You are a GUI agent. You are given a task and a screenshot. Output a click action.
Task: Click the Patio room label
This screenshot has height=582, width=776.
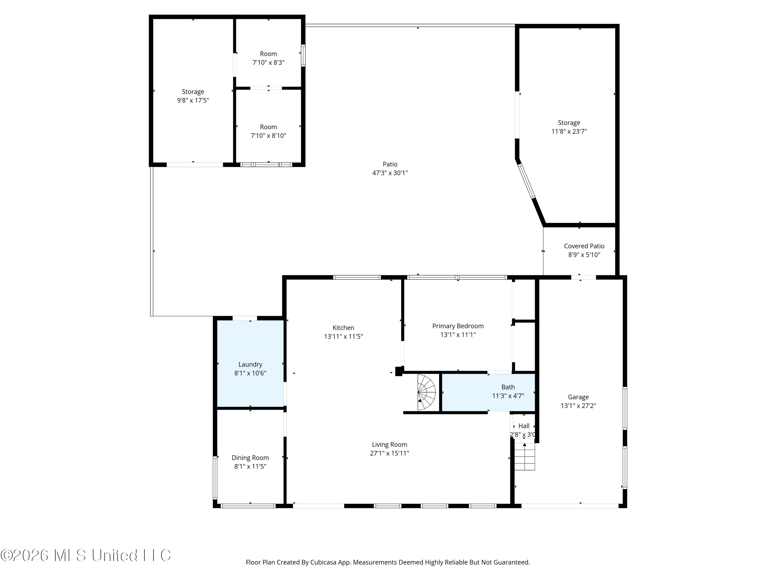[390, 164]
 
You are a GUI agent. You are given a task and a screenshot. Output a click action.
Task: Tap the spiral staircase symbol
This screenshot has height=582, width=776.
[426, 392]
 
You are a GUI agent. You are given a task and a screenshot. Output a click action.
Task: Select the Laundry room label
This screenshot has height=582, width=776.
[250, 364]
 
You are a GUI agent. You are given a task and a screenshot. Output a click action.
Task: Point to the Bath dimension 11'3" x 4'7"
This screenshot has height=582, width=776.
[508, 396]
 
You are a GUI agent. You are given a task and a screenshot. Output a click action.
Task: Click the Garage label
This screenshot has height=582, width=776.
[578, 397]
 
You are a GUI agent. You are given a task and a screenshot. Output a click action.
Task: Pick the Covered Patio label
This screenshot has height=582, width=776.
[584, 246]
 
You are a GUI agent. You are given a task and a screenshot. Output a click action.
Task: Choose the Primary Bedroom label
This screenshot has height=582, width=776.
[458, 326]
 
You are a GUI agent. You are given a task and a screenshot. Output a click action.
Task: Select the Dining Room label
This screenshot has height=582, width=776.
[250, 458]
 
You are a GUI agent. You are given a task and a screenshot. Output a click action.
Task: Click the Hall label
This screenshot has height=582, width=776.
[524, 426]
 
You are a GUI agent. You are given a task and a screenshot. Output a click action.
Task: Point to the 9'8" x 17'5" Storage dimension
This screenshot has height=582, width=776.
[193, 100]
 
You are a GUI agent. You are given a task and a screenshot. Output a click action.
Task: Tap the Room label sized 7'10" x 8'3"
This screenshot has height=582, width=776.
[268, 54]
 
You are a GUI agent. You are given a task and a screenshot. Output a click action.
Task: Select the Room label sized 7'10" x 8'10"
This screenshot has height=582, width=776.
[268, 127]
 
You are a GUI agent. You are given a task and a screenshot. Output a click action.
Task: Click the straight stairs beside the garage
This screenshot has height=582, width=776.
[525, 456]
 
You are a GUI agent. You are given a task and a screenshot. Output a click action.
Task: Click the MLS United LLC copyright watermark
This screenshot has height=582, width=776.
[86, 555]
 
